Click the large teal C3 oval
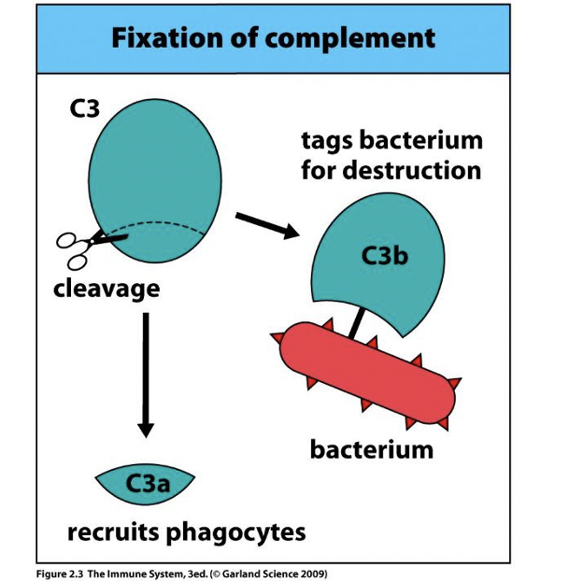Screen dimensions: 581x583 click(x=159, y=168)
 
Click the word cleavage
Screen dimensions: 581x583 click(x=106, y=289)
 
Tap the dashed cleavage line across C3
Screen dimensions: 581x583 click(x=178, y=227)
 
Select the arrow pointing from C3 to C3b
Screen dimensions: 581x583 click(x=265, y=225)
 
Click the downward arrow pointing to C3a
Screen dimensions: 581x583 click(x=145, y=375)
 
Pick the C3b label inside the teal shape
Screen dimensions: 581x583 click(x=385, y=255)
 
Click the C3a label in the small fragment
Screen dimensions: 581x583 click(x=146, y=483)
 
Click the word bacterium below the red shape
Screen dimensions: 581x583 click(x=371, y=449)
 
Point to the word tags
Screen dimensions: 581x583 click(x=326, y=141)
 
